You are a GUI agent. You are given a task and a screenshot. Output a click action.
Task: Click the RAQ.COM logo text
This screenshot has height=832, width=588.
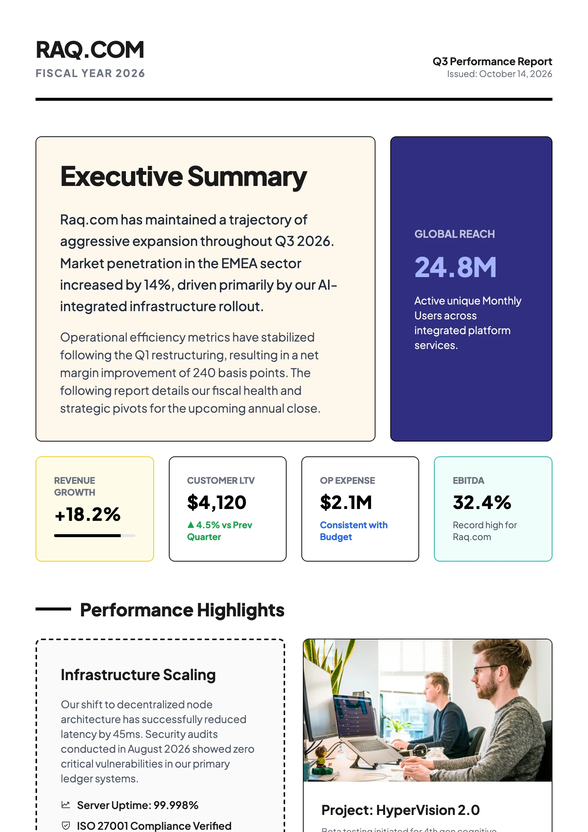coord(90,50)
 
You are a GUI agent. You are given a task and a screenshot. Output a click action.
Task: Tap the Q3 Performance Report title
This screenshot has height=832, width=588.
coord(492,61)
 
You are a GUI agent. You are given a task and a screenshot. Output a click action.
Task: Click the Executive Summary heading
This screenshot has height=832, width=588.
coord(183,177)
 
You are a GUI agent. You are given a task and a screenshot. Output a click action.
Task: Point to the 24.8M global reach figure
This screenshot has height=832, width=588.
coord(455,267)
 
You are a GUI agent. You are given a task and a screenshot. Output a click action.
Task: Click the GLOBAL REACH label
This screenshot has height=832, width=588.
coord(454,234)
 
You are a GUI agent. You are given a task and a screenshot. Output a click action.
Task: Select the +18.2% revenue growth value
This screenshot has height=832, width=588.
coord(88,514)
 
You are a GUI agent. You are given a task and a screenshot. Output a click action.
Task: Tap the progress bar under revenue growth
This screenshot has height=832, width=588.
coord(94,536)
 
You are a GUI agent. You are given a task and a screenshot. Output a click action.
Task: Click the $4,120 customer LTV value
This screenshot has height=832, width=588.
coord(217,503)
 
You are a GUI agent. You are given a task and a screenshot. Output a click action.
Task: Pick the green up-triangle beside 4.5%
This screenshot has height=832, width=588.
coord(191,525)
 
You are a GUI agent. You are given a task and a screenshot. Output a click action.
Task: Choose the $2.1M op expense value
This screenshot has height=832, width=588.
coord(346,503)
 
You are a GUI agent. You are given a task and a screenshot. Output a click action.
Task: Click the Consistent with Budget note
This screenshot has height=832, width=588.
coord(353,531)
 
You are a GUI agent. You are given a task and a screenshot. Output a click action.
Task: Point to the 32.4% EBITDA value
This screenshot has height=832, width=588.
coord(482,503)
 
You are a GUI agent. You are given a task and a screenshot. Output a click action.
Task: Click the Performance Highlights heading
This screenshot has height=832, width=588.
coord(182,610)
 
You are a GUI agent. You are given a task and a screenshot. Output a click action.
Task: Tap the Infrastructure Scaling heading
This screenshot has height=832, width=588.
coord(138,675)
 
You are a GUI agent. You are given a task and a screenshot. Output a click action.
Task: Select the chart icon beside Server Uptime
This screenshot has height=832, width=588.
coord(66,805)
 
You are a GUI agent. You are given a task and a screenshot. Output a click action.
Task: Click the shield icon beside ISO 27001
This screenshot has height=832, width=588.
coord(66,825)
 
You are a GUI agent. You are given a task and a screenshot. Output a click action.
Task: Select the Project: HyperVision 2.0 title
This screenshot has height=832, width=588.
coord(400,810)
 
